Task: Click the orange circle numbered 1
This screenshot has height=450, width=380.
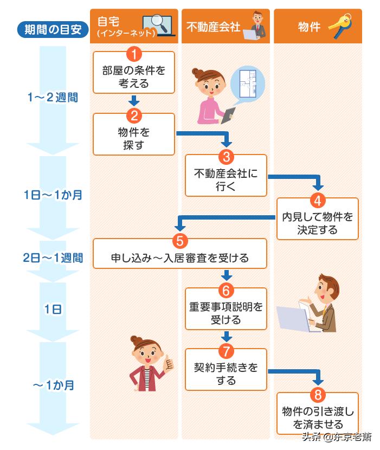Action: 133,54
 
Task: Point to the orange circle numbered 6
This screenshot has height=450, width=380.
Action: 226,289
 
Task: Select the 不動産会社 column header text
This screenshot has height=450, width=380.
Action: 212,27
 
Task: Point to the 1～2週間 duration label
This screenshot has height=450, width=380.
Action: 53,98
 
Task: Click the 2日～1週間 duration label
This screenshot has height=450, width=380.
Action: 53,258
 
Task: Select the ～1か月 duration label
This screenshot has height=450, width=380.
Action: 53,385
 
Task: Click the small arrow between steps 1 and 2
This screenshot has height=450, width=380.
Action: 133,101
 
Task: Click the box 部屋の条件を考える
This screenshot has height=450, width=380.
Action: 133,76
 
